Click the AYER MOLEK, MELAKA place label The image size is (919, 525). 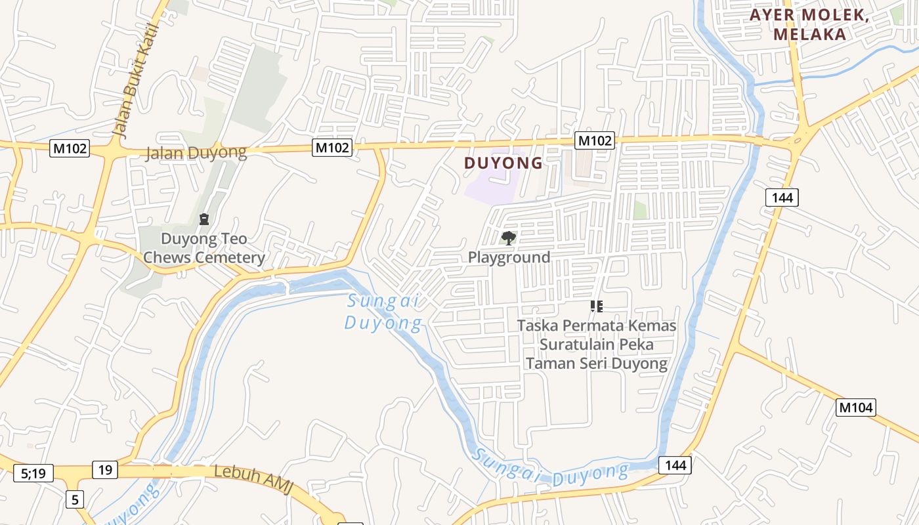pyautogui.click(x=809, y=25)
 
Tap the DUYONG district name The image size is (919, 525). pyautogui.click(x=503, y=163)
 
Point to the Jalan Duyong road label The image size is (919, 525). pyautogui.click(x=196, y=153)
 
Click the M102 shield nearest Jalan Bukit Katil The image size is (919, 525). pyautogui.click(x=69, y=148)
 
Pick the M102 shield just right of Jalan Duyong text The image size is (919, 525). pyautogui.click(x=332, y=148)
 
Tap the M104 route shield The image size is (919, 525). pyautogui.click(x=856, y=408)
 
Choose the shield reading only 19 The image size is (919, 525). pyautogui.click(x=105, y=469)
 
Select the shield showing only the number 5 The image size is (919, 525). pyautogui.click(x=75, y=499)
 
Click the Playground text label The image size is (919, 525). pyautogui.click(x=509, y=257)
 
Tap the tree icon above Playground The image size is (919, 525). pyautogui.click(x=508, y=238)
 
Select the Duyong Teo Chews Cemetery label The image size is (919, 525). pyautogui.click(x=203, y=248)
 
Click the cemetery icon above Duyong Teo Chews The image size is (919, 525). pyautogui.click(x=203, y=219)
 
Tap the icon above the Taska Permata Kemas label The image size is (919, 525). pyautogui.click(x=596, y=306)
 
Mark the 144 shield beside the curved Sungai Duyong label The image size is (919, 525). pyautogui.click(x=674, y=465)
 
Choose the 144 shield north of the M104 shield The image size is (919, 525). pyautogui.click(x=781, y=197)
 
